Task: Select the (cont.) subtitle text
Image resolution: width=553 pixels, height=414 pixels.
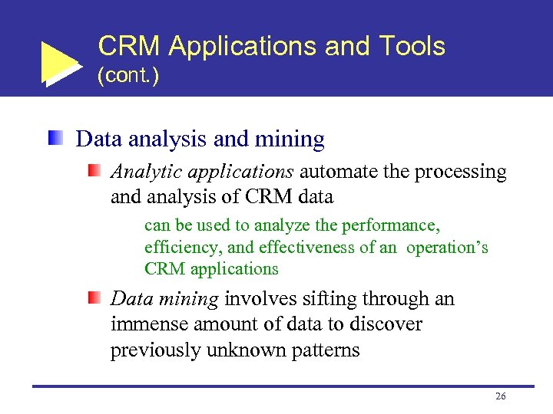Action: tap(128, 77)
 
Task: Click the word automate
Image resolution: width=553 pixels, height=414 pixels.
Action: tap(339, 172)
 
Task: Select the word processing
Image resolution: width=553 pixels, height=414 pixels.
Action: tap(460, 172)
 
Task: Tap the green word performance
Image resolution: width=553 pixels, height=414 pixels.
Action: tap(392, 226)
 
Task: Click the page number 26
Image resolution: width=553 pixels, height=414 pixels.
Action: tap(501, 396)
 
